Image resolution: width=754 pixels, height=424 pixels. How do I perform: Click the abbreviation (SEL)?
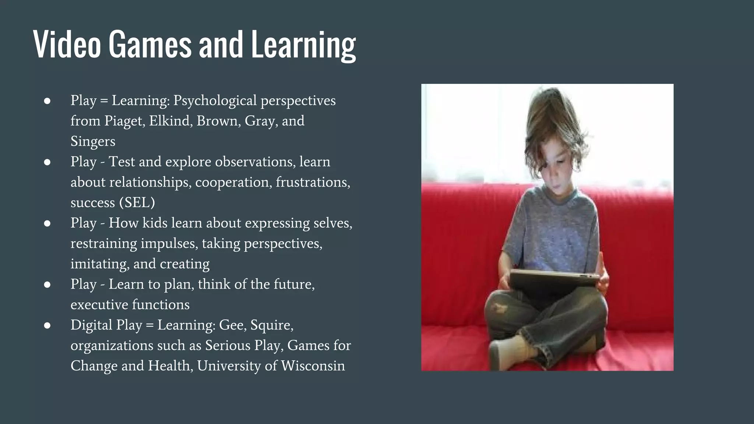click(137, 202)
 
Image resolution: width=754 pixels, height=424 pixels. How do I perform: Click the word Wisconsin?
click(313, 366)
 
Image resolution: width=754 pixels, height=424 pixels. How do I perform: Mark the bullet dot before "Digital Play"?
click(47, 325)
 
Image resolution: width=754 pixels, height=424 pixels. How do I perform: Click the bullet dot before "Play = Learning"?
click(47, 101)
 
